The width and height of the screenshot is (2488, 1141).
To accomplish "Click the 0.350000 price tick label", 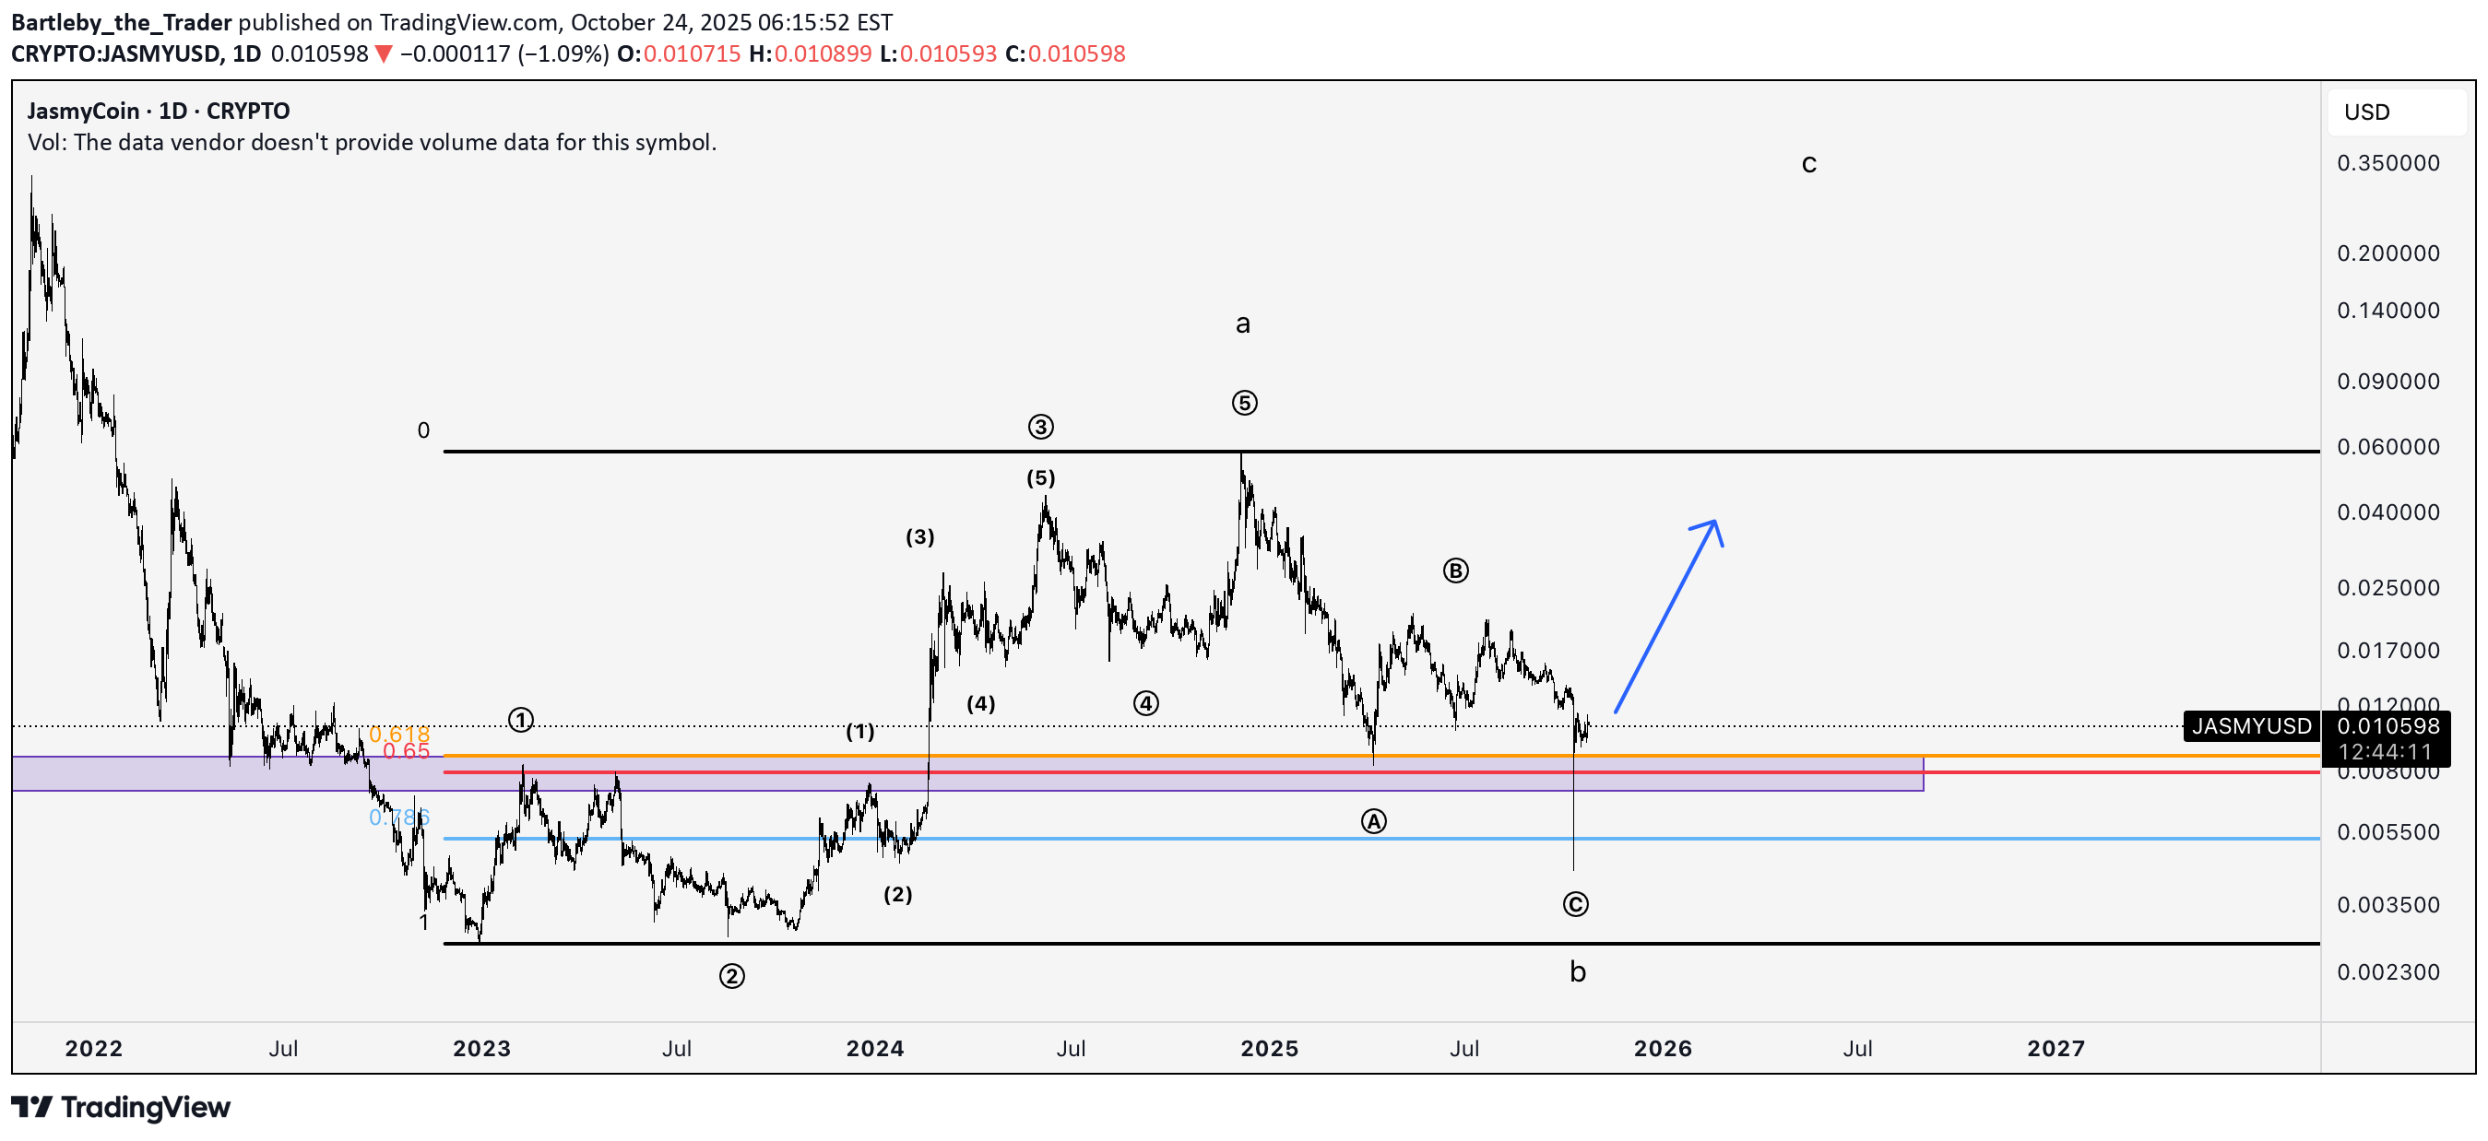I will tap(2387, 163).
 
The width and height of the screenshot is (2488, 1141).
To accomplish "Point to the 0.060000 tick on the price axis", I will tap(2387, 447).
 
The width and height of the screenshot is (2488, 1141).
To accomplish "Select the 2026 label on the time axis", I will tap(1663, 1048).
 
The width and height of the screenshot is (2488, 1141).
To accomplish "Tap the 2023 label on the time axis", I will tap(481, 1048).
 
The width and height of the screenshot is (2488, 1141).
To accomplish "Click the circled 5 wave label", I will tap(1244, 404).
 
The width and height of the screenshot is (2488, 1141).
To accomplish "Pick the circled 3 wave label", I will tap(1040, 427).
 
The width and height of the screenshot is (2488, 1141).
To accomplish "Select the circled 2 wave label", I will tap(731, 977).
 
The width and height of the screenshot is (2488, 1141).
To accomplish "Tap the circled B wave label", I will tap(1454, 570).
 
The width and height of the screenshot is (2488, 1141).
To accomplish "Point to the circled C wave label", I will tap(1575, 904).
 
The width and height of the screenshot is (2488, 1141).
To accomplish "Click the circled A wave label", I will tap(1373, 821).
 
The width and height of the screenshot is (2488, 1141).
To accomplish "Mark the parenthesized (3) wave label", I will tap(919, 536).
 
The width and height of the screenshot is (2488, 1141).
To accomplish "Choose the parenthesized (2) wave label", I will tap(897, 894).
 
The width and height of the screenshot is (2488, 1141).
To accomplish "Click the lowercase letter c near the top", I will tap(1809, 165).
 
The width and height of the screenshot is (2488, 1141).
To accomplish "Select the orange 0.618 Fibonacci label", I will tap(399, 735).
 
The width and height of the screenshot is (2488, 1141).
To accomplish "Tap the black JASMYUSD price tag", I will tap(2250, 726).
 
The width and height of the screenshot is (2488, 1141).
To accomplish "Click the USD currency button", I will tap(2366, 112).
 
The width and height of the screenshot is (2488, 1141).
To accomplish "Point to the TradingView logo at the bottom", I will tap(121, 1107).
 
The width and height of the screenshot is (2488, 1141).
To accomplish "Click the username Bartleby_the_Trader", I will tap(122, 22).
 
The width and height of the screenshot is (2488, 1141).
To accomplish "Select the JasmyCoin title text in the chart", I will tap(83, 111).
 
